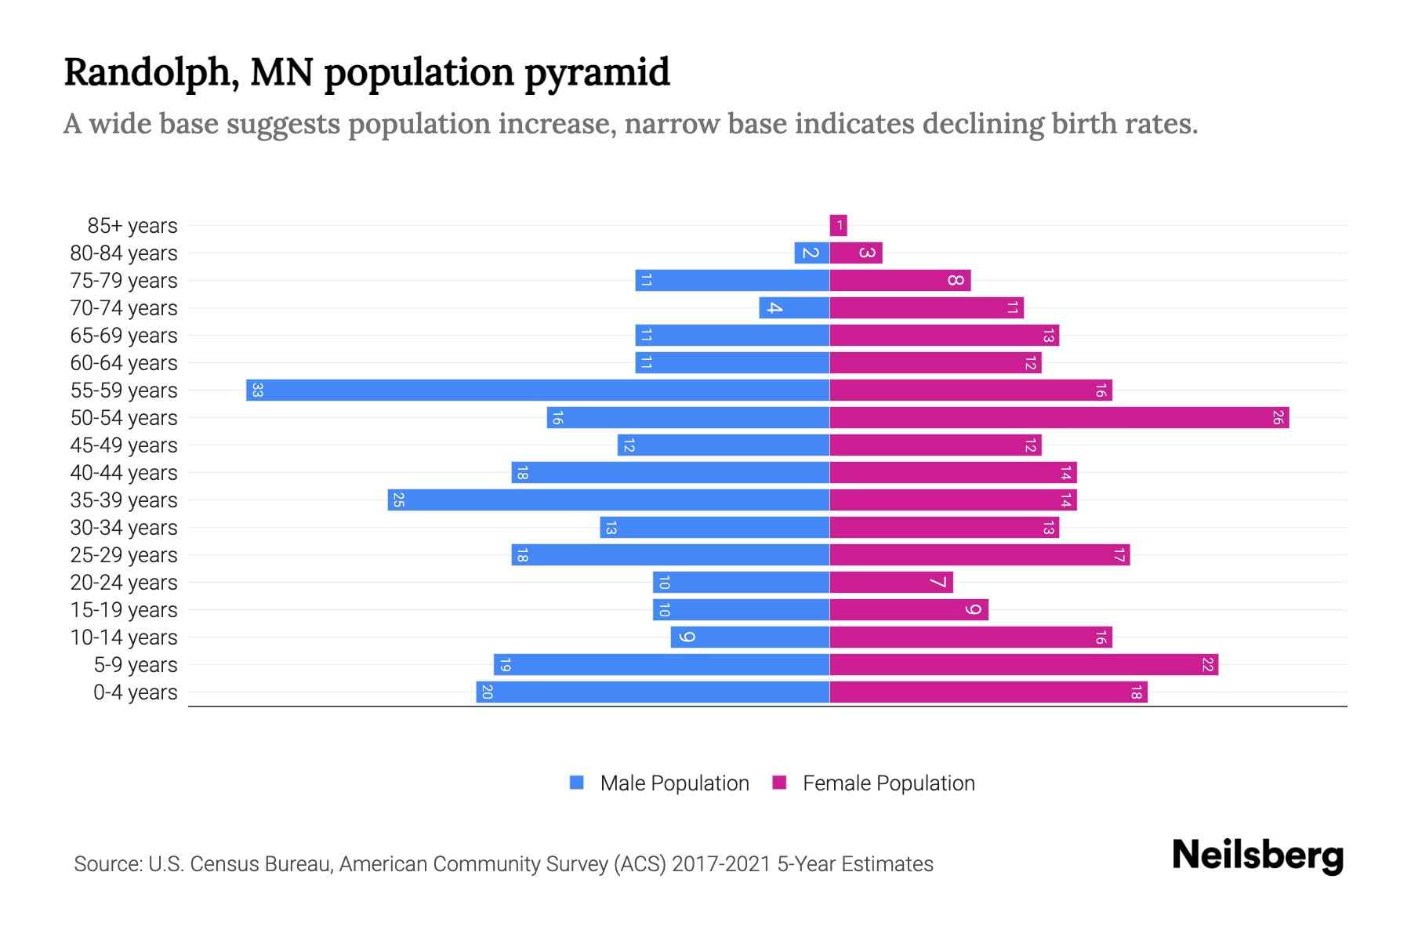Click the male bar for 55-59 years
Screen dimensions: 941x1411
tap(538, 390)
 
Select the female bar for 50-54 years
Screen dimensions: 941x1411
tap(1059, 417)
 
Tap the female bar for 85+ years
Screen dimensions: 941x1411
tap(839, 226)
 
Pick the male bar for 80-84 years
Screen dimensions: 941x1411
tap(812, 253)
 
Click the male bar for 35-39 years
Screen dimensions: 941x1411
tap(608, 500)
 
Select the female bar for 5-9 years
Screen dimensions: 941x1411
tap(1024, 664)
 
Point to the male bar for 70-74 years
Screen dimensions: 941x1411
tap(794, 307)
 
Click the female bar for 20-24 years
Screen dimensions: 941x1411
tap(891, 582)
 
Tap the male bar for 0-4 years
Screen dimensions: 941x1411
tap(653, 692)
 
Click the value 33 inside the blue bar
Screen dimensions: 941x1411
tap(257, 390)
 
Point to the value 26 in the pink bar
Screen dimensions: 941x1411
tap(1278, 417)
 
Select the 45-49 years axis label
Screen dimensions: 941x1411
tap(124, 445)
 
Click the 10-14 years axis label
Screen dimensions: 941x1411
tap(124, 638)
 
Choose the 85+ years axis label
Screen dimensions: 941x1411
tap(132, 226)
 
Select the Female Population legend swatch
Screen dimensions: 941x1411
tap(779, 782)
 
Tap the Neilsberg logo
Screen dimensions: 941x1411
tap(1257, 856)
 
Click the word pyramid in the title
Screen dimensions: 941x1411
tap(597, 73)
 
